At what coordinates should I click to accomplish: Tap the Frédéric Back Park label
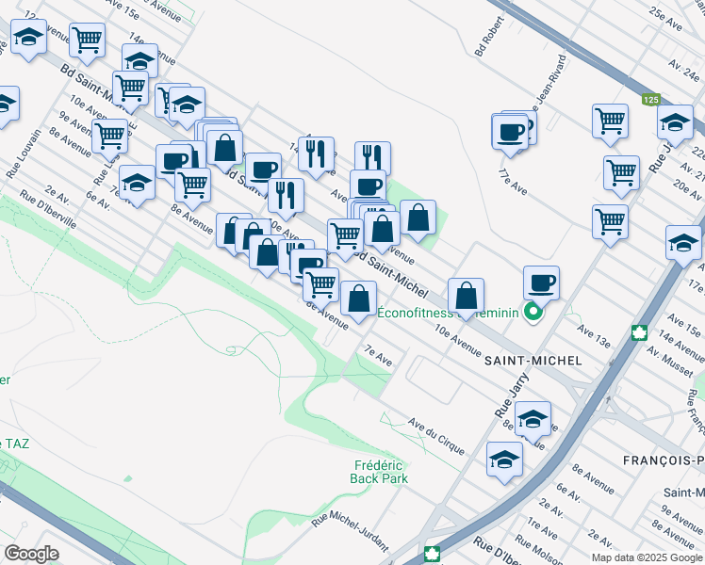[381, 472]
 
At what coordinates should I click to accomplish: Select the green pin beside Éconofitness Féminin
[533, 314]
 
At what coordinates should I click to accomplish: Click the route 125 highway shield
[650, 99]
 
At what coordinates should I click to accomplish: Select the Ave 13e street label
[594, 338]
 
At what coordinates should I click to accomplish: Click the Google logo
[31, 553]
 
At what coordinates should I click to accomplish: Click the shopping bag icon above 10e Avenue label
[466, 296]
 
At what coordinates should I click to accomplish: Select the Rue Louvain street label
[25, 153]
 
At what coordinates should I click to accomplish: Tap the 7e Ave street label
[378, 357]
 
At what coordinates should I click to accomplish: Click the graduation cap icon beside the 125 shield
[675, 121]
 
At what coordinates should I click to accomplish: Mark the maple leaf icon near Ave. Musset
[639, 332]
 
